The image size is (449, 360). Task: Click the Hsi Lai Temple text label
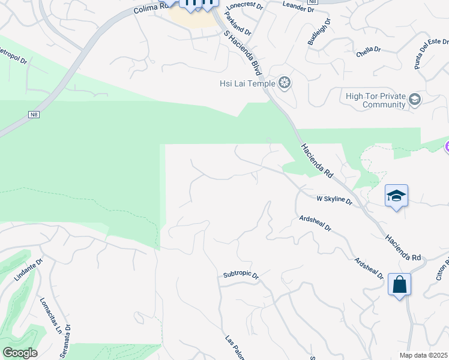point(247,83)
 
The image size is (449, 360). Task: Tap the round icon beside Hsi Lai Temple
point(285,83)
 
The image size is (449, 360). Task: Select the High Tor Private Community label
point(376,100)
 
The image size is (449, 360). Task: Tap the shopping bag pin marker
point(399,284)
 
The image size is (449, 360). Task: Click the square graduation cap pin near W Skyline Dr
point(396,196)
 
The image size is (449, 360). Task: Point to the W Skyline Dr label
point(334,200)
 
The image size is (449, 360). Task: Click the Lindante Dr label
point(28,271)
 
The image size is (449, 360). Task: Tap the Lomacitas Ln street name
point(51,315)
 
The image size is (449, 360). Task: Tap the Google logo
point(20,353)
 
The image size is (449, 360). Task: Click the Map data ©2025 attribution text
point(424,355)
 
